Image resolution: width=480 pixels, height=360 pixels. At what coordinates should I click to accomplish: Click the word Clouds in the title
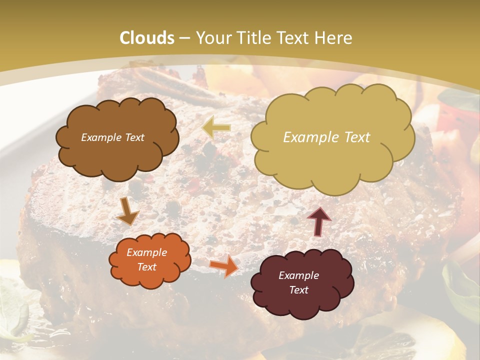[147, 38]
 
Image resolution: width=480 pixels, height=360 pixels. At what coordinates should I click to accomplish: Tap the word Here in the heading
[334, 38]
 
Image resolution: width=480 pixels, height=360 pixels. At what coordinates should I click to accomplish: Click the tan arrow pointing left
[216, 128]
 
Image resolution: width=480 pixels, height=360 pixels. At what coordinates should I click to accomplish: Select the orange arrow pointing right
[224, 266]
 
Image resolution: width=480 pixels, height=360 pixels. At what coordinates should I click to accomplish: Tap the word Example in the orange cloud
[147, 252]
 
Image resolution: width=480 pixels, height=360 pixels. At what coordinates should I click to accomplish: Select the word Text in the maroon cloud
[299, 290]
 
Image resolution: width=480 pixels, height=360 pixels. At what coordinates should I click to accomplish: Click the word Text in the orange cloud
[147, 267]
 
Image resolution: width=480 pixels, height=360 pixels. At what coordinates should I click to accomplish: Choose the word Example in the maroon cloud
[299, 275]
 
